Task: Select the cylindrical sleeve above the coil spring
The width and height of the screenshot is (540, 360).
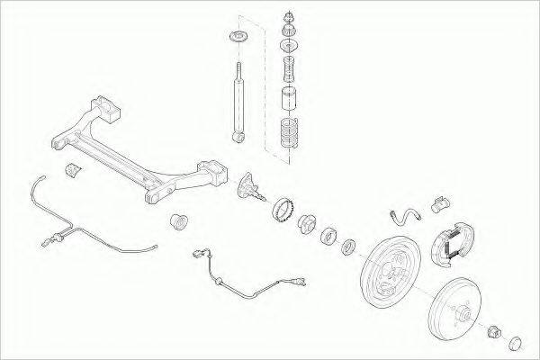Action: click(290, 98)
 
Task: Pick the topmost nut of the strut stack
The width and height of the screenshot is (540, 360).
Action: click(290, 17)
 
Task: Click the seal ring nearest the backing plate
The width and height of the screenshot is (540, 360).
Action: click(347, 244)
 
